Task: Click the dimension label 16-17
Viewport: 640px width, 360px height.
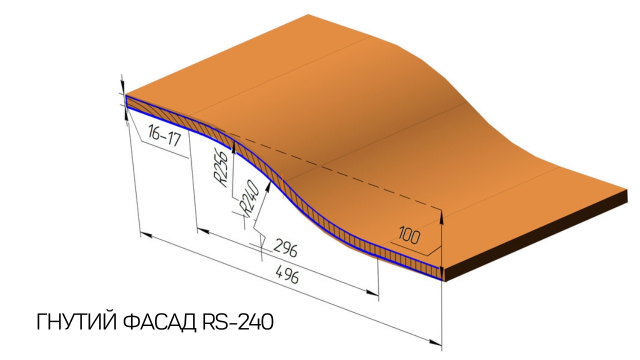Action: point(164,136)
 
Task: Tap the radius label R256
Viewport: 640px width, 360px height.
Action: point(220,168)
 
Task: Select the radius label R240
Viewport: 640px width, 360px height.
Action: point(249,198)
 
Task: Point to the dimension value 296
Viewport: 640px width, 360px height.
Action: point(285,248)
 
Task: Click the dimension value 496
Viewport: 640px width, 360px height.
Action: point(288,274)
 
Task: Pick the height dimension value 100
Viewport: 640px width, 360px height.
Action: point(409,235)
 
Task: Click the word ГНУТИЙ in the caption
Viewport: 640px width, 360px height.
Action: point(76,322)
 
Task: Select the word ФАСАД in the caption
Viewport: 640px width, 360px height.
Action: point(160,322)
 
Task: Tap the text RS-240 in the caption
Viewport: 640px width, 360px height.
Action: point(238,322)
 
